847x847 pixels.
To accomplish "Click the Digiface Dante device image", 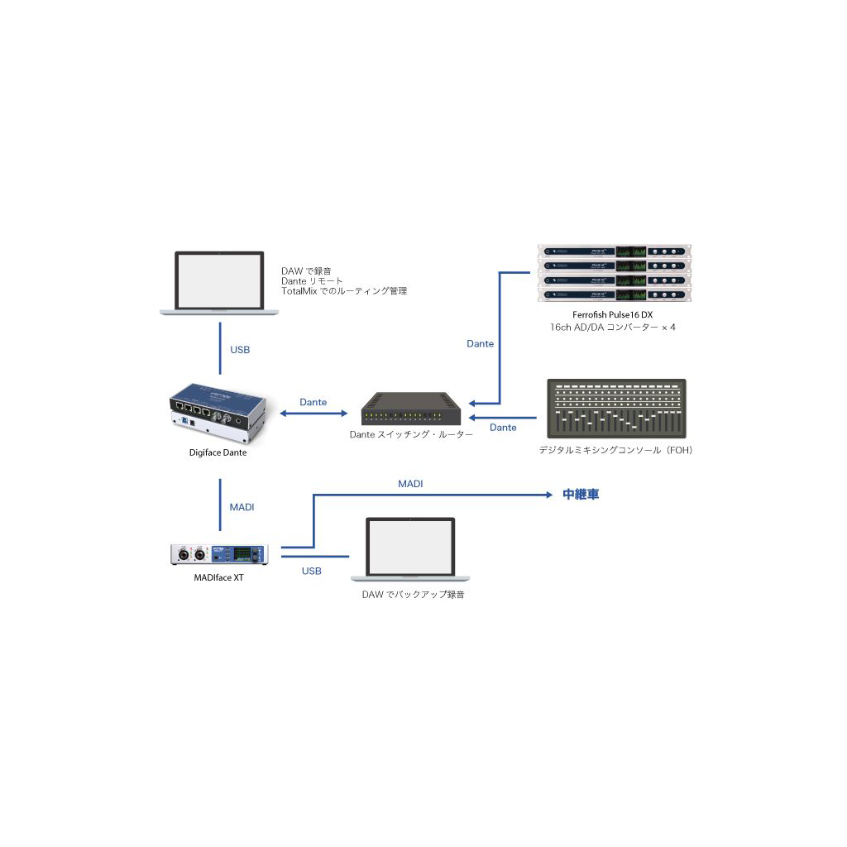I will pos(219,413).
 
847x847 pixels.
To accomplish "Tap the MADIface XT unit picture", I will pos(220,555).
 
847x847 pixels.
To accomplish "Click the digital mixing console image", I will pos(616,409).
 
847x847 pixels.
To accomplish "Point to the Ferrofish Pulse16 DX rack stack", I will pos(613,274).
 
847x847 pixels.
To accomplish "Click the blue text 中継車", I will pos(581,495).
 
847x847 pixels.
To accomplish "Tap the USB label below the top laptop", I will pos(240,350).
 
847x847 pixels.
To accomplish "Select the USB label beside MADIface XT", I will pos(312,571).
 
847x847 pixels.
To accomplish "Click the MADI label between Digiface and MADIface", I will pos(242,506).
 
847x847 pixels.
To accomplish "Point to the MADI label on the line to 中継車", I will pos(410,483).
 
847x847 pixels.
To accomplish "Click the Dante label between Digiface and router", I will pos(313,402).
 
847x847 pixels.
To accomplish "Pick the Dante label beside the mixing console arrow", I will pos(503,428).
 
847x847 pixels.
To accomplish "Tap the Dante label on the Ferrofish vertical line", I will pos(481,343).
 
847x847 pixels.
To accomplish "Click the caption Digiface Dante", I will pos(218,452).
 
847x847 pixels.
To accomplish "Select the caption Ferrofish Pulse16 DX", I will pos(613,314).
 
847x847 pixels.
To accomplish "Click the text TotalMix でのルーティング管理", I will pos(344,291).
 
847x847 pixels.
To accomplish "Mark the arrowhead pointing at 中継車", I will pos(548,495).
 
